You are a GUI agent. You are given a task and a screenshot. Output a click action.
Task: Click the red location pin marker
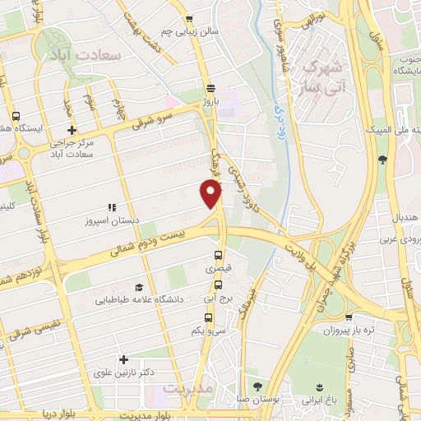pyautogui.click(x=212, y=194)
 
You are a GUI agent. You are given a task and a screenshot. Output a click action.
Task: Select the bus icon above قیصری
pyautogui.click(x=218, y=254)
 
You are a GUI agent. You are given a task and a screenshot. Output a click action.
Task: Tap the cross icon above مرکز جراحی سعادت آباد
pyautogui.click(x=72, y=130)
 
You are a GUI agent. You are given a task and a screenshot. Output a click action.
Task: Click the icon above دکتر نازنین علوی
pyautogui.click(x=123, y=359)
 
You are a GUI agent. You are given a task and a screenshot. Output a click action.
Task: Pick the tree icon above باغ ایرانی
pyautogui.click(x=320, y=386)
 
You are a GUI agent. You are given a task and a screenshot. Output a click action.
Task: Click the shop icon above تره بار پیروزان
pyautogui.click(x=349, y=317)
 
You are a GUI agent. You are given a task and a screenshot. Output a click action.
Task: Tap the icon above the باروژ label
pyautogui.click(x=210, y=87)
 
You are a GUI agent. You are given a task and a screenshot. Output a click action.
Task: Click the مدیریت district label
pyautogui.click(x=188, y=386)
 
